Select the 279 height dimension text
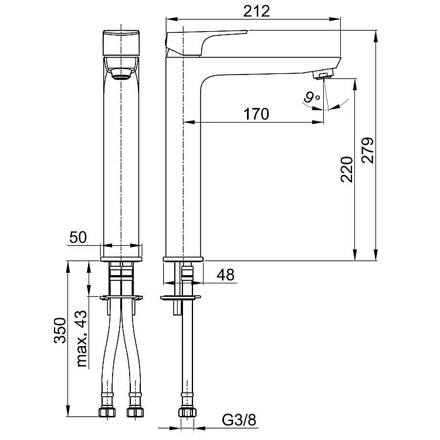tap(368, 154)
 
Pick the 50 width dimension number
tap(78, 237)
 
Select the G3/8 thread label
tap(239, 420)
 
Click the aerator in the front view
tap(121, 73)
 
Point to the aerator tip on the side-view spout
tap(324, 75)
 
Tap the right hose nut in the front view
tap(135, 411)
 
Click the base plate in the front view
tap(121, 259)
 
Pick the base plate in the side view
tap(183, 259)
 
